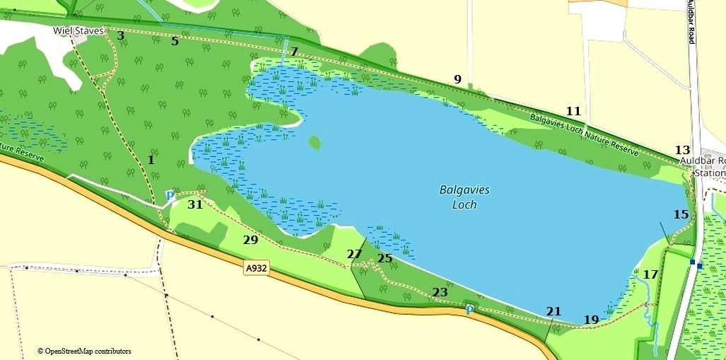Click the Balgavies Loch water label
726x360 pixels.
point(464,197)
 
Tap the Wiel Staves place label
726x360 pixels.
point(78,31)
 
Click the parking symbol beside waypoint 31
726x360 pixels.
point(170,195)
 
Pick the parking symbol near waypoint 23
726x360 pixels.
point(469,309)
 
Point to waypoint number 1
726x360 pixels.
point(151,160)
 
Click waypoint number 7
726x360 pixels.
point(294,52)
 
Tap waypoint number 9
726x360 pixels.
point(457,79)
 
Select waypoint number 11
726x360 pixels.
point(573,111)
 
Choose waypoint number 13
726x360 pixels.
point(682,150)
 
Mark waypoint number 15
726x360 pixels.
point(681,214)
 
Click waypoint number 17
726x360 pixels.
point(651,274)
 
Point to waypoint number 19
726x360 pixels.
point(592,320)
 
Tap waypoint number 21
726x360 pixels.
point(554,311)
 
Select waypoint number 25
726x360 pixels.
point(385,258)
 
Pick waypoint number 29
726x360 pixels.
point(250,240)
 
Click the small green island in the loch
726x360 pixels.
point(315,143)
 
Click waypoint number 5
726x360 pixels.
point(175,41)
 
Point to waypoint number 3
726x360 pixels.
point(120,35)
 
